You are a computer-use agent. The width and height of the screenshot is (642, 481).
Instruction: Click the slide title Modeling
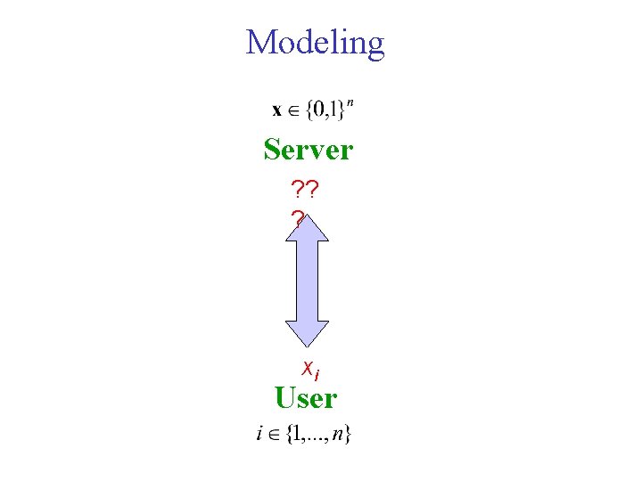tap(315, 43)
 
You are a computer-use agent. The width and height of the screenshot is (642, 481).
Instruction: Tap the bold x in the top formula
tap(277, 111)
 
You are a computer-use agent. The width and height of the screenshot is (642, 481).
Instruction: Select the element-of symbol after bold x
tap(292, 112)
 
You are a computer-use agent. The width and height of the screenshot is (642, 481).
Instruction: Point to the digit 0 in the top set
tap(317, 111)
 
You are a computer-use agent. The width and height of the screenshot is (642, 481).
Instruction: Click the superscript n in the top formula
tap(350, 104)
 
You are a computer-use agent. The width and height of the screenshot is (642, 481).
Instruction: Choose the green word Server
tap(309, 150)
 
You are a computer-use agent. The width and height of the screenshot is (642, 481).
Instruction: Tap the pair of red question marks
tap(306, 189)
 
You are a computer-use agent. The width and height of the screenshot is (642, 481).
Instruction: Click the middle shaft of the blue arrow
tap(308, 280)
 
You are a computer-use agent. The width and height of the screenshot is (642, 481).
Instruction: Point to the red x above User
tap(307, 366)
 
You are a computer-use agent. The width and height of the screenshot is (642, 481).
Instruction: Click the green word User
tap(306, 397)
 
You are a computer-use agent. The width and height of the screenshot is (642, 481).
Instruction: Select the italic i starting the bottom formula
tap(259, 435)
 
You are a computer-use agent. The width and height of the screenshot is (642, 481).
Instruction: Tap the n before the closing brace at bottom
tap(340, 436)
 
